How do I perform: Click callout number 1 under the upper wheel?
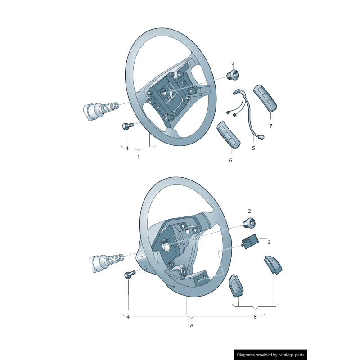138,157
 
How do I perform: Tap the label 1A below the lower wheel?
190,325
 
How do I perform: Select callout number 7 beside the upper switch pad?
270,126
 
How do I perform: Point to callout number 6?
230,160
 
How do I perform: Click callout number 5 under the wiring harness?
253,148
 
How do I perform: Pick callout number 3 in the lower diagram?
269,242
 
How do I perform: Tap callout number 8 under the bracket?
255,316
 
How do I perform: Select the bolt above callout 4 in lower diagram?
129,274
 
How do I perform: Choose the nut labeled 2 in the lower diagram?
249,222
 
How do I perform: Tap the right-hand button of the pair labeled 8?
273,265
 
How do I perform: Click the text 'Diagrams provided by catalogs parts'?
270,355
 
